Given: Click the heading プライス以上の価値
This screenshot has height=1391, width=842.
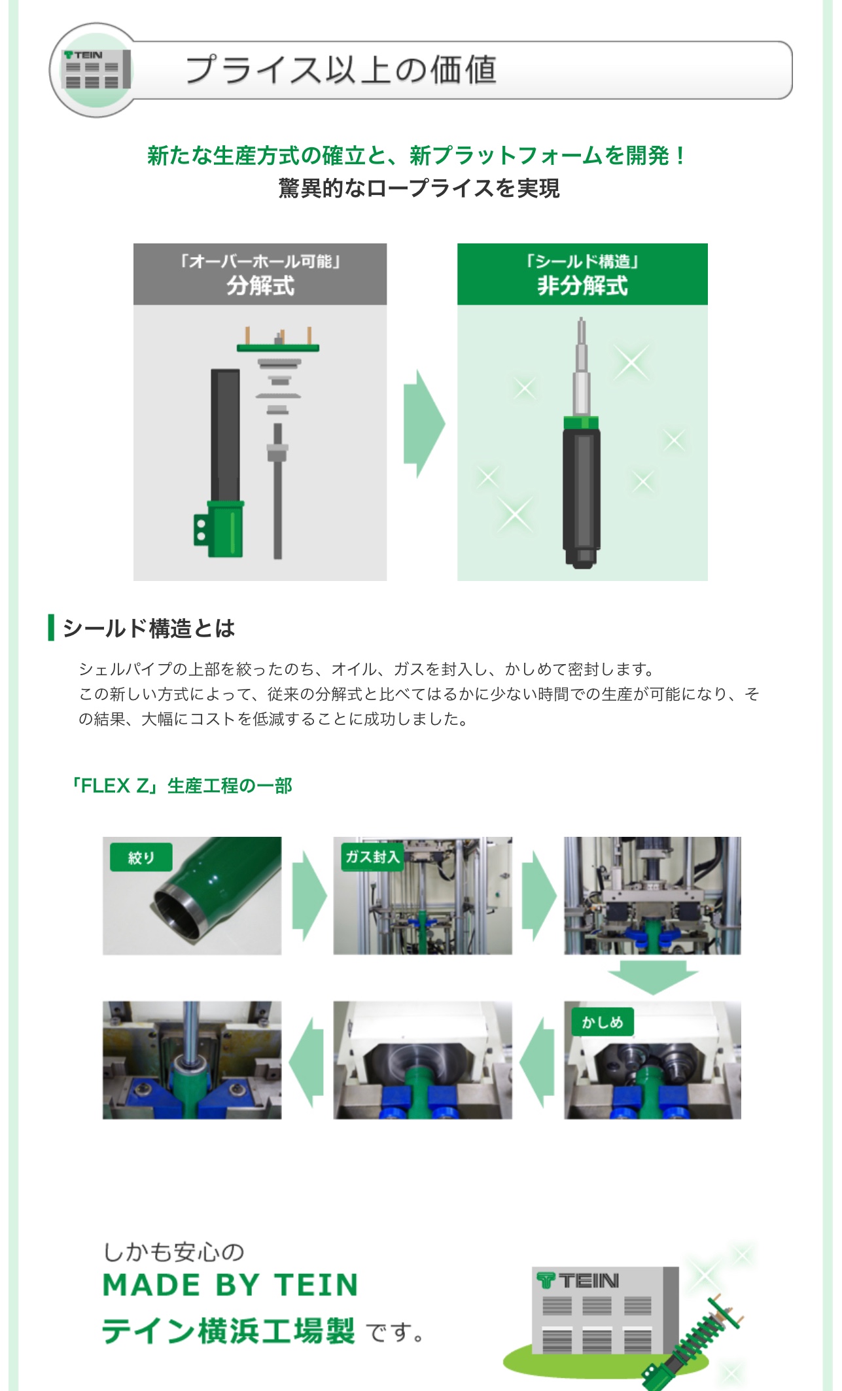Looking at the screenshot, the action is (x=342, y=70).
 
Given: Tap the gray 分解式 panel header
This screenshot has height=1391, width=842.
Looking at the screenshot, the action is (x=260, y=274).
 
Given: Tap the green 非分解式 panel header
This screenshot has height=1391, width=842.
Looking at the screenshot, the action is (x=582, y=274).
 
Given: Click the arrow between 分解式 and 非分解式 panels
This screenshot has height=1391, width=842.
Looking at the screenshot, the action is (x=423, y=423).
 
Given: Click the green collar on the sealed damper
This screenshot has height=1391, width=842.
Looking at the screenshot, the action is (x=581, y=423).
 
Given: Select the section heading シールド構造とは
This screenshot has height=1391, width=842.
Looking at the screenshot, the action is (x=149, y=628).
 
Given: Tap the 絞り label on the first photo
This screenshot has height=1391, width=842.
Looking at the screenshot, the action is (x=141, y=857).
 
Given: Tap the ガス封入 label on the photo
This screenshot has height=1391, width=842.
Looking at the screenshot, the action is (x=372, y=856).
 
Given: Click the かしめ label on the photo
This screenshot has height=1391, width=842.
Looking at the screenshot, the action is (x=603, y=1021).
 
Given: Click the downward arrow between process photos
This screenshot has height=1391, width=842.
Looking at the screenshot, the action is (x=652, y=977).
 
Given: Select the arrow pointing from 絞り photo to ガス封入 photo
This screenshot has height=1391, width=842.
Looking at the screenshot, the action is (x=308, y=896).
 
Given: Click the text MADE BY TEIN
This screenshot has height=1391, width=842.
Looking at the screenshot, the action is (x=231, y=1284).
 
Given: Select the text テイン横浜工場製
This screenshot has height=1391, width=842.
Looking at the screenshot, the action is (x=228, y=1331).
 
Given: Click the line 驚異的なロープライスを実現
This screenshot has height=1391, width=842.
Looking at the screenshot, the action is (x=419, y=188).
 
